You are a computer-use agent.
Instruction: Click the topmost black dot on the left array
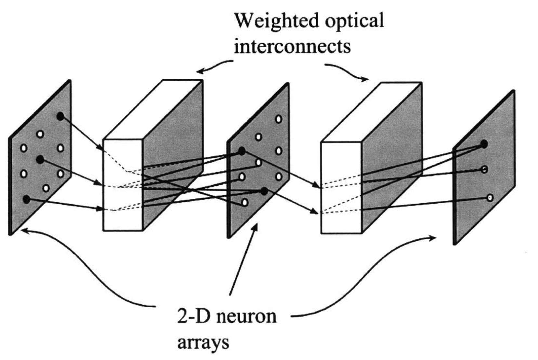point(60,116)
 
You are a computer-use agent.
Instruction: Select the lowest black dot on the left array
point(26,199)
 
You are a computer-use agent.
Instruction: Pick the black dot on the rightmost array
point(484,144)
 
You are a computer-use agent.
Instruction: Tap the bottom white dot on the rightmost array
point(490,198)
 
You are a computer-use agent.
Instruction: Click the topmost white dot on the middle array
point(279,119)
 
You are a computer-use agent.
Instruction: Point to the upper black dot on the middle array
point(242,151)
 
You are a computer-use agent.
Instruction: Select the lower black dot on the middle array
point(264,191)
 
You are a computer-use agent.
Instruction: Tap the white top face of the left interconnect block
point(153,109)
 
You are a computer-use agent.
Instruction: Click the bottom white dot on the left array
point(46,188)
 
